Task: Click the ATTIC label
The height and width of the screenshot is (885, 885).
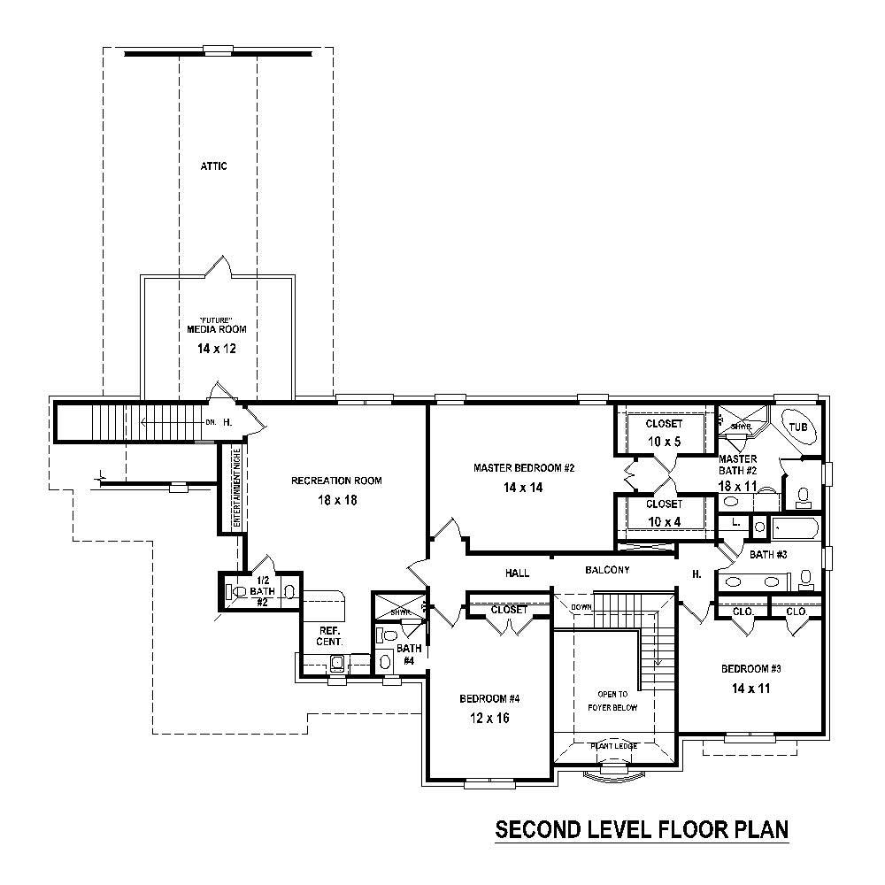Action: pos(213,166)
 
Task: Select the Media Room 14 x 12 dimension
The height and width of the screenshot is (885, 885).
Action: pos(216,349)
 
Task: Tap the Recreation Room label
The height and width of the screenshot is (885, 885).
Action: pos(336,481)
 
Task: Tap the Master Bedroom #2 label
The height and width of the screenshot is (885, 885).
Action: pos(524,468)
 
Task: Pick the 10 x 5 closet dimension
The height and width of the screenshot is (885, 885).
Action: pos(664,441)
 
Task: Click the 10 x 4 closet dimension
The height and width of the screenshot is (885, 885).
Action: pos(664,520)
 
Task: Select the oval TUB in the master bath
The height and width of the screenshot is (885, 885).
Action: pos(798,427)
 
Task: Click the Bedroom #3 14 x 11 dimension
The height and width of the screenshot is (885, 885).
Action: pos(750,687)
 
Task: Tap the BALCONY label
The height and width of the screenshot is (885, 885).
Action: pos(607,571)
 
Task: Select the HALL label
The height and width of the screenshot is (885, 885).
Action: pos(517,573)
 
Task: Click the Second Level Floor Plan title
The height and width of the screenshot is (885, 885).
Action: pos(642,830)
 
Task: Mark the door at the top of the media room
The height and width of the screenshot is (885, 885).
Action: pos(218,266)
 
